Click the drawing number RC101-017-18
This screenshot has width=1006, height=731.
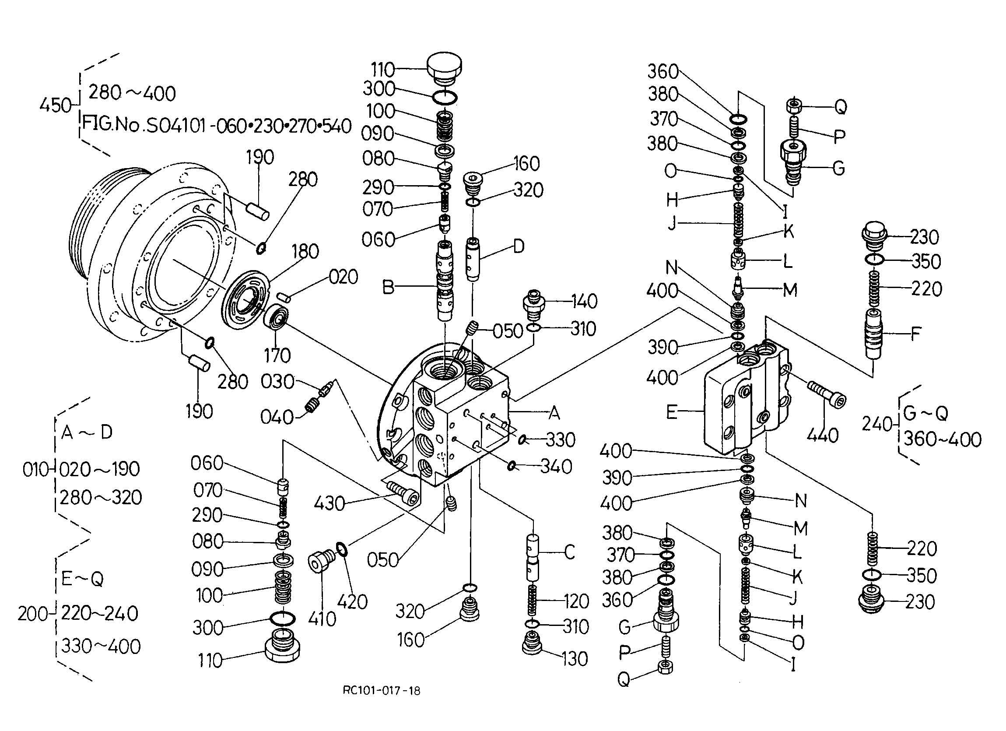click(381, 690)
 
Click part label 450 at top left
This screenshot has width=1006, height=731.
click(56, 105)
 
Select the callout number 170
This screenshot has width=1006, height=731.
click(277, 355)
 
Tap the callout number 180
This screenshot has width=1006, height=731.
click(305, 252)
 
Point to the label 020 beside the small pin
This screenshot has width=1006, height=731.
click(344, 277)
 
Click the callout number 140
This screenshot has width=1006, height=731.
click(584, 302)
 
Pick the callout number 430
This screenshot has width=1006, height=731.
click(329, 504)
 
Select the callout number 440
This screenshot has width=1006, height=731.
click(822, 436)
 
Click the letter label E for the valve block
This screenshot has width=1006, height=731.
click(672, 412)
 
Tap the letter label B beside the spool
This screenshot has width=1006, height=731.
click(388, 288)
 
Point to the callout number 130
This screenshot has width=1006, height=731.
click(575, 659)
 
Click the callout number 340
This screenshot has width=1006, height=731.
click(557, 467)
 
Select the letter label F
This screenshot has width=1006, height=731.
click(915, 334)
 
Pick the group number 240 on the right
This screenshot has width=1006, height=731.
click(877, 424)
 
